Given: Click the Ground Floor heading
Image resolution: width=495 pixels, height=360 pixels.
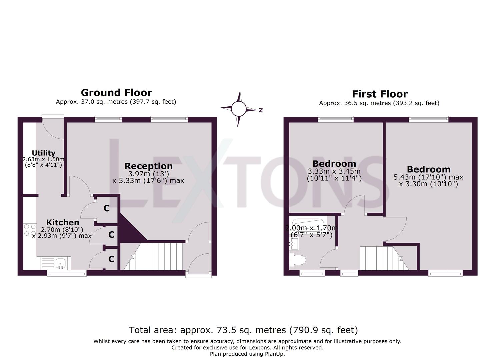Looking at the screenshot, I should pyautogui.click(x=116, y=93).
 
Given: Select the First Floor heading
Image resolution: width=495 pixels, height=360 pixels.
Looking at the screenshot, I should pyautogui.click(x=379, y=94).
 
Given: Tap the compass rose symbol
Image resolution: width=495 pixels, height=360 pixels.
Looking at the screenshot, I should pyautogui.click(x=239, y=109).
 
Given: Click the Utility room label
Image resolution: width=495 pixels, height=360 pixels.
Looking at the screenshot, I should pyautogui.click(x=43, y=153).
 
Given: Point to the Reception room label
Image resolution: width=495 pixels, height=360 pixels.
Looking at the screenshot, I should pyautogui.click(x=148, y=166).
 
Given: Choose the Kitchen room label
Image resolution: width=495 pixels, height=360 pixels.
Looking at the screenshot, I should pyautogui.click(x=63, y=222).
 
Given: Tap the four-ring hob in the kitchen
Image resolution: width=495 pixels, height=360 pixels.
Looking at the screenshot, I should pyautogui.click(x=30, y=230).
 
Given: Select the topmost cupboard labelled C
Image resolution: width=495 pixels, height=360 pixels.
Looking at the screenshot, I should pyautogui.click(x=106, y=208).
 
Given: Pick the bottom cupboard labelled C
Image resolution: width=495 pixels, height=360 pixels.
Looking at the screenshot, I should pyautogui.click(x=111, y=259).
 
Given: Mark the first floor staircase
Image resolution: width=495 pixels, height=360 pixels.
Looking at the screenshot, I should pyautogui.click(x=382, y=258).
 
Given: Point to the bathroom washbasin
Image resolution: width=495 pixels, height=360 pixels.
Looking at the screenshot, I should pyautogui.click(x=294, y=245).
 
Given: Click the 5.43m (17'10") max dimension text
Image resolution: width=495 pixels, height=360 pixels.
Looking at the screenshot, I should pyautogui.click(x=428, y=177).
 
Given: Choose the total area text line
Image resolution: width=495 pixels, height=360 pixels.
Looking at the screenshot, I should pyautogui.click(x=243, y=330).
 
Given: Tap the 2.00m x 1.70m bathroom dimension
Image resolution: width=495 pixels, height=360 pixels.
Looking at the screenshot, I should pyautogui.click(x=311, y=228).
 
